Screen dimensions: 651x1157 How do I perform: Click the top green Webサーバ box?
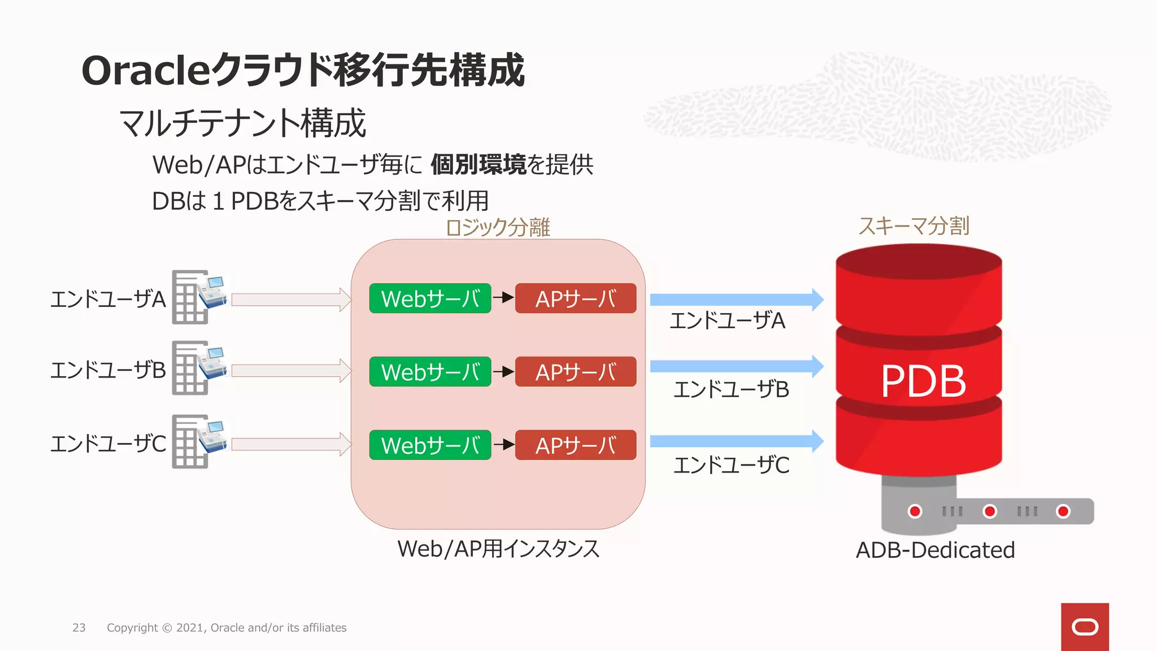(x=430, y=298)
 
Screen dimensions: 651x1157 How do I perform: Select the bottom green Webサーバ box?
(x=430, y=445)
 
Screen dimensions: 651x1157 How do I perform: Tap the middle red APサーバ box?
(x=576, y=372)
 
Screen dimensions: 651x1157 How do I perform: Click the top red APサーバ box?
(x=576, y=298)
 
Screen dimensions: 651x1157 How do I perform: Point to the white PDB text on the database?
(x=923, y=381)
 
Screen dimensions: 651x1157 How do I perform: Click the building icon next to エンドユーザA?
(x=198, y=297)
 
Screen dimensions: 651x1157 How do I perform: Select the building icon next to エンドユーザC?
(x=198, y=441)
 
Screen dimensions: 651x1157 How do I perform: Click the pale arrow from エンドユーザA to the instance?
(x=290, y=300)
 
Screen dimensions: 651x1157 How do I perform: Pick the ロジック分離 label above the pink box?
(x=497, y=227)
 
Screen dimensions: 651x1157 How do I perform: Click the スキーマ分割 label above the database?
(x=914, y=226)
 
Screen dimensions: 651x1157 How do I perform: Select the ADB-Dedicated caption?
(x=935, y=550)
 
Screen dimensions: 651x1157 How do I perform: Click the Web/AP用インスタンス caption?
(x=498, y=549)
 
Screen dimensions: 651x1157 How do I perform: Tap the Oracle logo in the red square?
(x=1085, y=627)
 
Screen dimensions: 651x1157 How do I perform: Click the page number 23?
(x=79, y=628)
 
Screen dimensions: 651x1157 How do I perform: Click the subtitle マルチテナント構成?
(x=243, y=123)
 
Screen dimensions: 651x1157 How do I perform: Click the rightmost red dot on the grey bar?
(x=1063, y=511)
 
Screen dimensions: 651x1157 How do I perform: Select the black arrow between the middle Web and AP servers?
(x=503, y=372)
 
